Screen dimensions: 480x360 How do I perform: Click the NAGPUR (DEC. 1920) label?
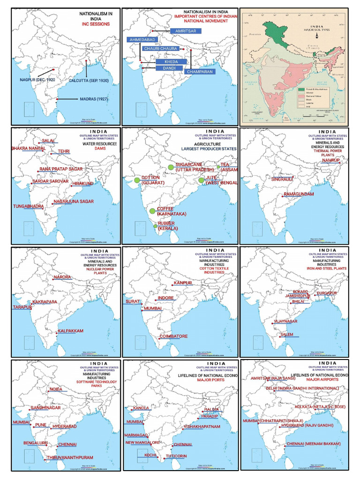pos(37,80)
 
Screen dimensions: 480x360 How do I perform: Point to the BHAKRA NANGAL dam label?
pos(29,149)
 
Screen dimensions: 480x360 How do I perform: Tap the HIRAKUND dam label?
pos(83,184)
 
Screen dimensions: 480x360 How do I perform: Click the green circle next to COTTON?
pos(137,180)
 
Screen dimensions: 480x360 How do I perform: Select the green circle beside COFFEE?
pos(152,211)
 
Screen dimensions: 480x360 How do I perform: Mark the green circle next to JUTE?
pos(201,180)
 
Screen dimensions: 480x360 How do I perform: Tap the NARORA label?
pos(62,277)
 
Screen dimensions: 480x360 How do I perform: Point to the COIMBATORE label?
pos(173,337)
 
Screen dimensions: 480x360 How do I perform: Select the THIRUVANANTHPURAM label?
pos(70,457)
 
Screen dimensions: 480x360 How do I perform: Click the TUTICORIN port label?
pos(176,456)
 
